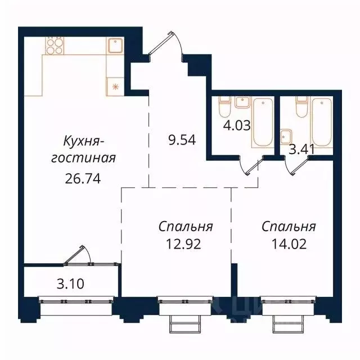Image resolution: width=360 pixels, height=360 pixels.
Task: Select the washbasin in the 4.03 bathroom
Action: [242, 102]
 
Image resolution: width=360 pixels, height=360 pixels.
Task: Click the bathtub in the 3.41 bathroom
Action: [322, 121]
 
